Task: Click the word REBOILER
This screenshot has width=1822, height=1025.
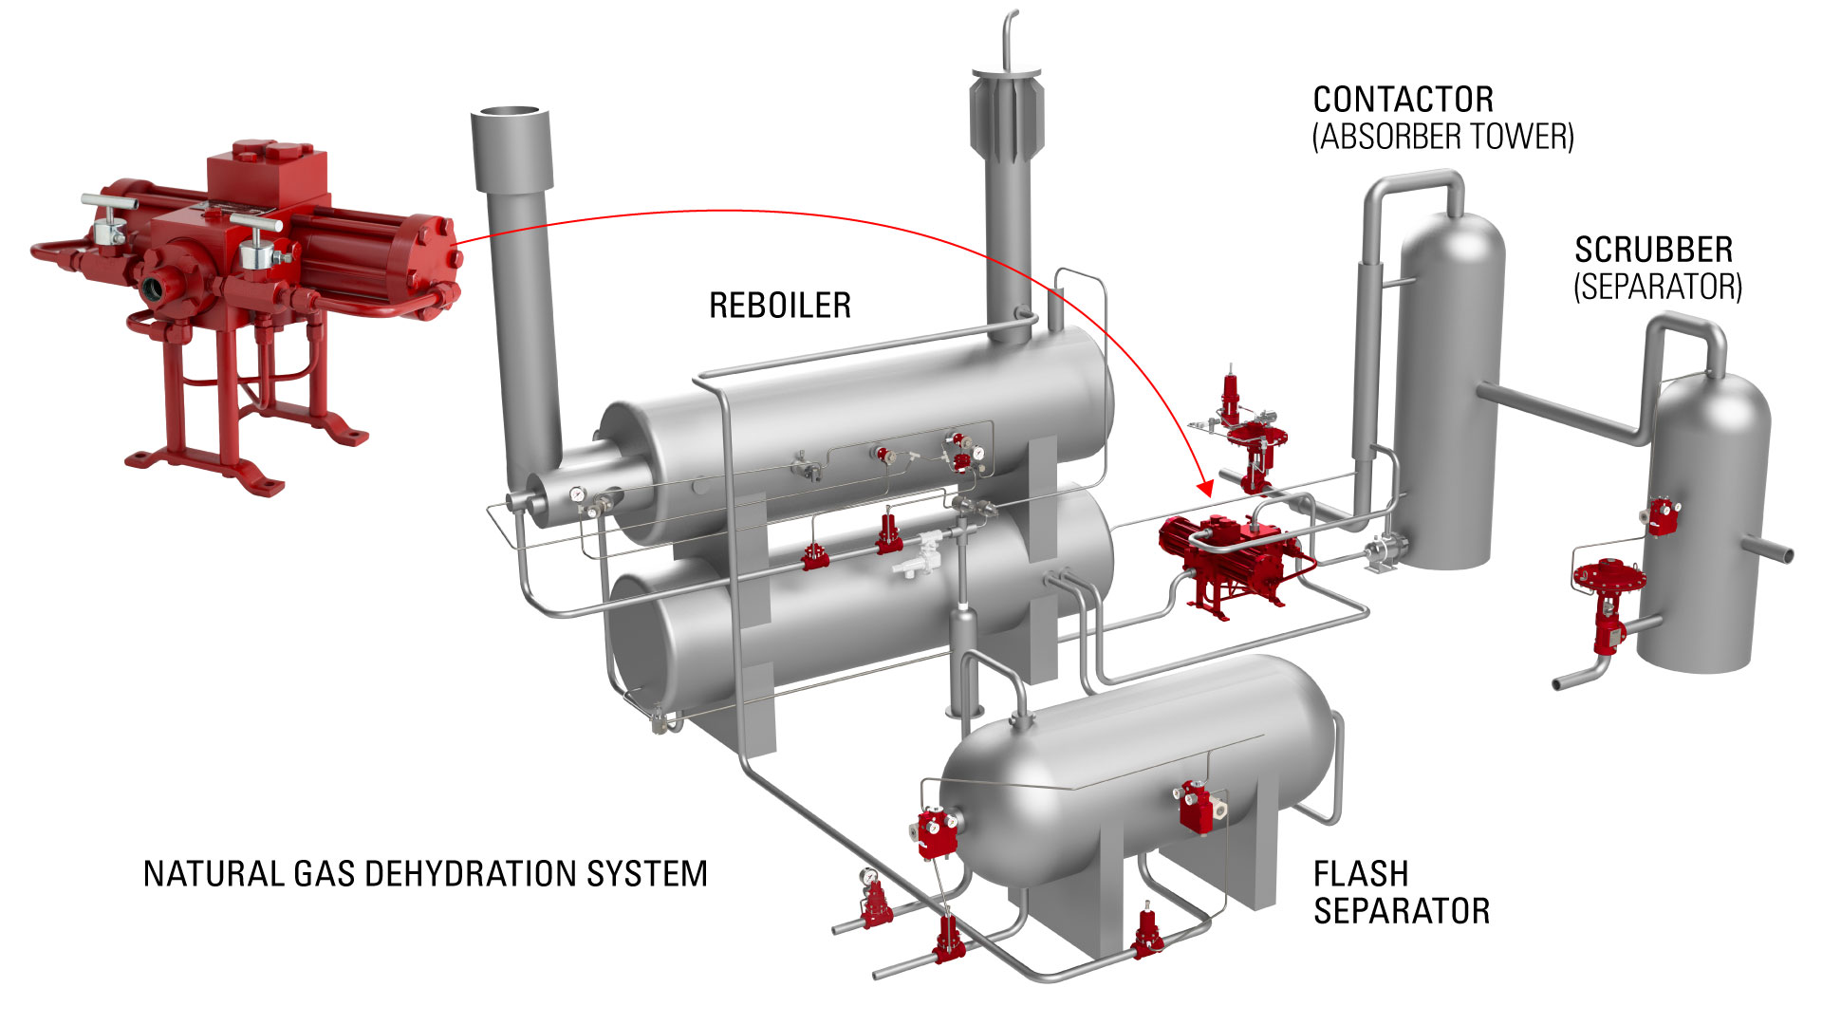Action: click(779, 306)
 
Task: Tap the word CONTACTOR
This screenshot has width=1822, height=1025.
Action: click(1403, 100)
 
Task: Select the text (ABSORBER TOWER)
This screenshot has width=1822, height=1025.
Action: click(1442, 138)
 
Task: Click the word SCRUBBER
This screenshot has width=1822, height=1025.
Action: click(1653, 251)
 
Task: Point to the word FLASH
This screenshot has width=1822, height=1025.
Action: click(1360, 874)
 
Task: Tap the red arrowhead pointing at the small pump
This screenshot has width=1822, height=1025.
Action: click(1205, 489)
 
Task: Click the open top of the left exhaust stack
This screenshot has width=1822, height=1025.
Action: click(510, 113)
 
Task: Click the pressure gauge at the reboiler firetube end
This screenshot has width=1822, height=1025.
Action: click(577, 495)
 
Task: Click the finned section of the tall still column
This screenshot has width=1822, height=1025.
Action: click(1006, 114)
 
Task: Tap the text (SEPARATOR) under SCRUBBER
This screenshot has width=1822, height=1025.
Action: click(1658, 287)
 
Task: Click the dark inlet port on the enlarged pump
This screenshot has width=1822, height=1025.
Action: click(156, 287)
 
